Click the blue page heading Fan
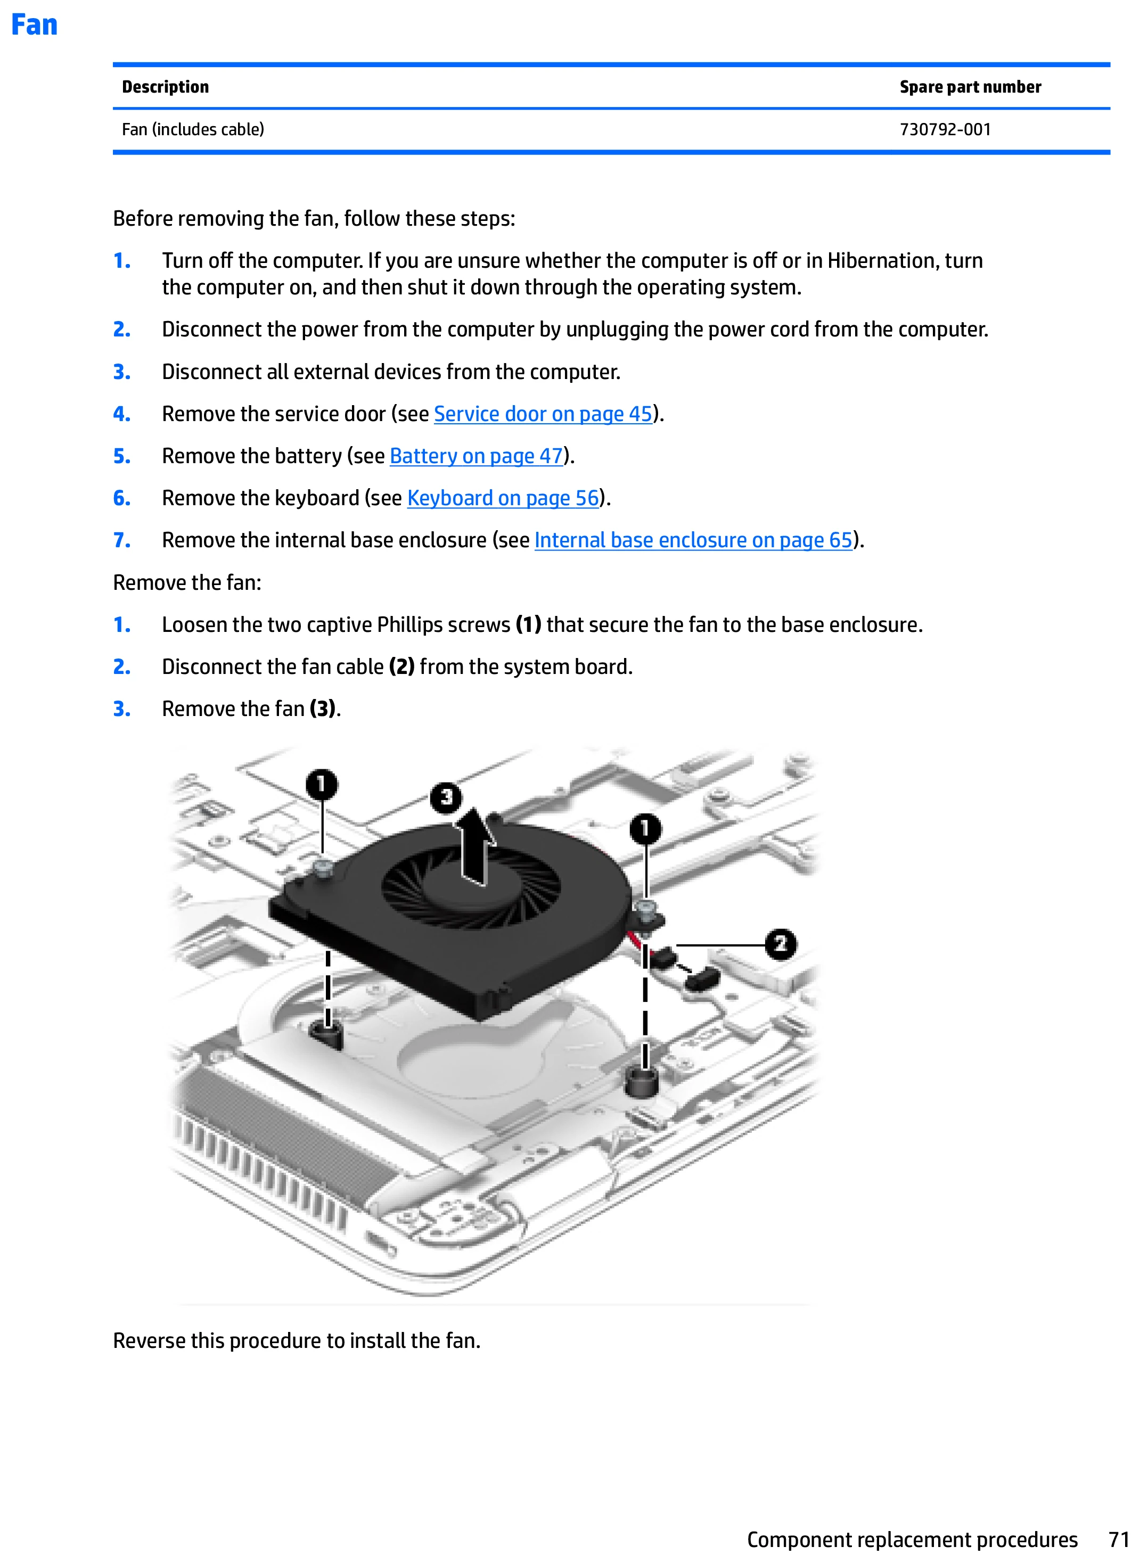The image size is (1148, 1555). coord(34,25)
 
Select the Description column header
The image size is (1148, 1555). coord(166,87)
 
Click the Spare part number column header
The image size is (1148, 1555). coord(970,87)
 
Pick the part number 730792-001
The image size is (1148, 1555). coord(945,129)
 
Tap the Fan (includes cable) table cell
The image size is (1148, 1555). coord(193,129)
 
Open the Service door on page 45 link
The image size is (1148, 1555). coord(543,414)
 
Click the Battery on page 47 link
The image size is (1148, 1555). coord(476,457)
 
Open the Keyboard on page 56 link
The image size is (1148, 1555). coord(503,498)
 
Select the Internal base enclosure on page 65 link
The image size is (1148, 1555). coord(693,540)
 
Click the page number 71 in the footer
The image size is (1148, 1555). coord(1119,1539)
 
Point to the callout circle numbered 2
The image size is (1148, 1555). coord(781,944)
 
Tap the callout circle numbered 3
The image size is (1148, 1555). coord(446,797)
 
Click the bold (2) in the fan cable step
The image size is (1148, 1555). coord(401,667)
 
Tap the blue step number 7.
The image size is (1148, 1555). coord(121,540)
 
